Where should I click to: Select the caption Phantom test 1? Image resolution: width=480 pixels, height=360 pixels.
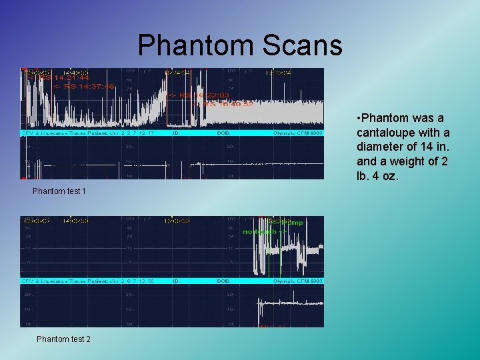pyautogui.click(x=59, y=191)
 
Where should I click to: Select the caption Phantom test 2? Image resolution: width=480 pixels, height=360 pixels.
pyautogui.click(x=63, y=339)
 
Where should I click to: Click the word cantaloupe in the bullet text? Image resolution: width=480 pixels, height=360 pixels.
pyautogui.click(x=386, y=132)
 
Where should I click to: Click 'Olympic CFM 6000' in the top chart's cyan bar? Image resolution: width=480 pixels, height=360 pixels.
pyautogui.click(x=298, y=133)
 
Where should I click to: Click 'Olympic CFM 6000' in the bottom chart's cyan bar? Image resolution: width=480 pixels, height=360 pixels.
pyautogui.click(x=298, y=281)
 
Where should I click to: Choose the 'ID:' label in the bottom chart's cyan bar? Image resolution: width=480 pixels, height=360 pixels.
pyautogui.click(x=176, y=281)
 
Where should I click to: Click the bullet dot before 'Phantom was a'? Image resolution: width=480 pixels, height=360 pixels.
pyautogui.click(x=359, y=118)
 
